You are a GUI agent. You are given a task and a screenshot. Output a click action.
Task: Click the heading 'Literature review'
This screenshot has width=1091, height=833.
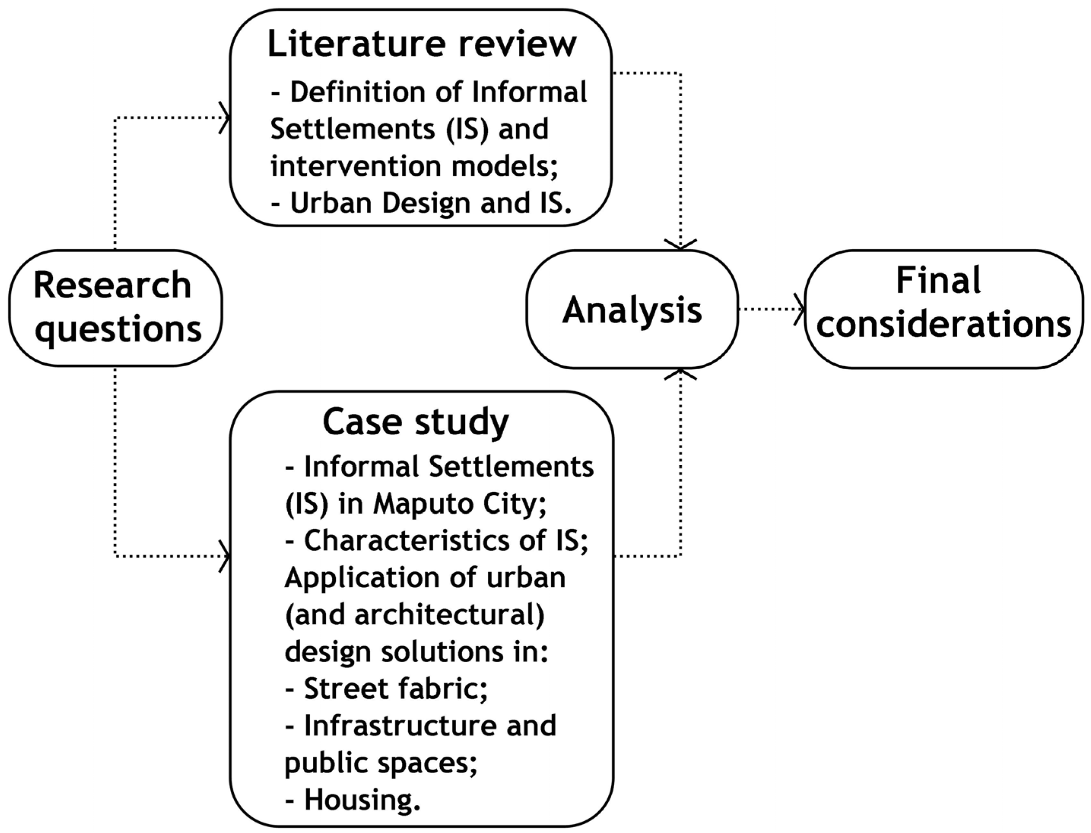(422, 45)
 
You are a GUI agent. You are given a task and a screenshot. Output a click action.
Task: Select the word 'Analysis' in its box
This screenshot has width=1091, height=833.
(632, 310)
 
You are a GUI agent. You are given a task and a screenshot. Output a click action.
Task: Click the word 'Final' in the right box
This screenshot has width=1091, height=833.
(938, 281)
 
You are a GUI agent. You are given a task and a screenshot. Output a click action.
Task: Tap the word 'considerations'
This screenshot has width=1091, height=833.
(944, 325)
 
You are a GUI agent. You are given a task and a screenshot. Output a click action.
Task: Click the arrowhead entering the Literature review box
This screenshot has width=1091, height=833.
(225, 118)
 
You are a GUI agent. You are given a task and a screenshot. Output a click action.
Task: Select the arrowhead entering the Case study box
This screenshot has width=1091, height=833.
(225, 556)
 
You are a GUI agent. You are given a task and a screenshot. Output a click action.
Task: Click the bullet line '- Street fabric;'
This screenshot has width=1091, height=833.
(387, 689)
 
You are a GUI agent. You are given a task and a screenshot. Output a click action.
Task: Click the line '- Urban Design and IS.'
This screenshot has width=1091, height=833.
(421, 203)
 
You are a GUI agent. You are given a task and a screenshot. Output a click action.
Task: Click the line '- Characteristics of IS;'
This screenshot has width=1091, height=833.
(436, 540)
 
